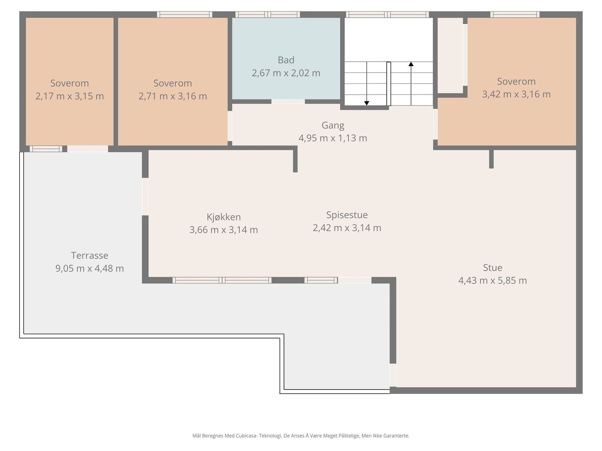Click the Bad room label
pyautogui.click(x=286, y=60)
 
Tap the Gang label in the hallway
pyautogui.click(x=333, y=126)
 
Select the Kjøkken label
pyautogui.click(x=223, y=217)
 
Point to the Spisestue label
pyautogui.click(x=347, y=215)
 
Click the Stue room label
pyautogui.click(x=492, y=268)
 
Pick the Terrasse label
pyautogui.click(x=90, y=256)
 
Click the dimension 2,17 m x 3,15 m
pyautogui.click(x=69, y=96)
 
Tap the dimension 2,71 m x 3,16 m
pyautogui.click(x=172, y=96)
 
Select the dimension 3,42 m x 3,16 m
pyautogui.click(x=516, y=94)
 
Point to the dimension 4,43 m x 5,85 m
pyautogui.click(x=492, y=280)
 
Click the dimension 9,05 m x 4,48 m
pyautogui.click(x=90, y=268)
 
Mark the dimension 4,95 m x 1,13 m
pyautogui.click(x=333, y=138)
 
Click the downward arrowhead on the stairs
pyautogui.click(x=366, y=103)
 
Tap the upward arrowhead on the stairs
pyautogui.click(x=411, y=64)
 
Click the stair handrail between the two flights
pyautogui.click(x=389, y=84)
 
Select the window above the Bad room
pyautogui.click(x=268, y=15)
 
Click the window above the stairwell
pyautogui.click(x=387, y=15)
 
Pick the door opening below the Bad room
pyautogui.click(x=288, y=101)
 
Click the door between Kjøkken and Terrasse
pyautogui.click(x=145, y=197)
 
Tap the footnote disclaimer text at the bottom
pyautogui.click(x=301, y=436)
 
